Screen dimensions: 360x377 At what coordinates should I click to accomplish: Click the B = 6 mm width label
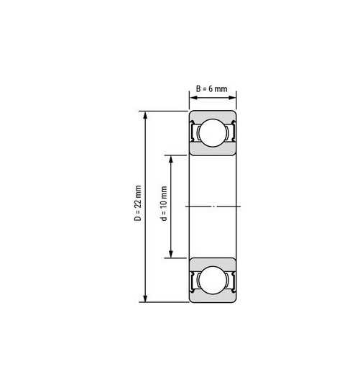coord(211,88)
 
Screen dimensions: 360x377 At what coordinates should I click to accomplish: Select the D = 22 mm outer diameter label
coord(138,203)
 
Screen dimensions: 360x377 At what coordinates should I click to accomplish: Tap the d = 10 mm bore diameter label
coord(164,204)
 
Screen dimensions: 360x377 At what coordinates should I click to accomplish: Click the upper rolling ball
coord(213,132)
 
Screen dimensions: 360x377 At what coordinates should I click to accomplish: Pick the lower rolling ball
coord(213,280)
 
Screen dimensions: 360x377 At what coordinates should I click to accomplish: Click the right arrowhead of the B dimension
coord(232,98)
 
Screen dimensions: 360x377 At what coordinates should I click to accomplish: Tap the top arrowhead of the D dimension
coord(145,115)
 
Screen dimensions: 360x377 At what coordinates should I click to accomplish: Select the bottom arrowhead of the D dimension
coord(145,298)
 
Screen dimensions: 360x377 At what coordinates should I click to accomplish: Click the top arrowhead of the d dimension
coord(171,160)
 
